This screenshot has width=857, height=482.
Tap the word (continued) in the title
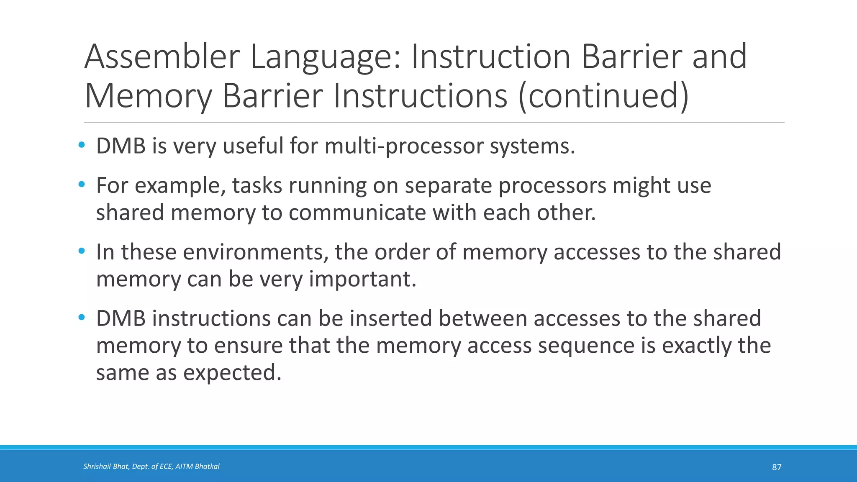pyautogui.click(x=603, y=96)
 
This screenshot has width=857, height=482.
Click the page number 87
pyautogui.click(x=776, y=467)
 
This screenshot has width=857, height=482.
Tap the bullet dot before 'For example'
pyautogui.click(x=82, y=185)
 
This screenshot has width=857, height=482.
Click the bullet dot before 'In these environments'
pyautogui.click(x=82, y=251)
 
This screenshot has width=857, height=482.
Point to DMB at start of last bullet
pyautogui.click(x=121, y=318)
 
